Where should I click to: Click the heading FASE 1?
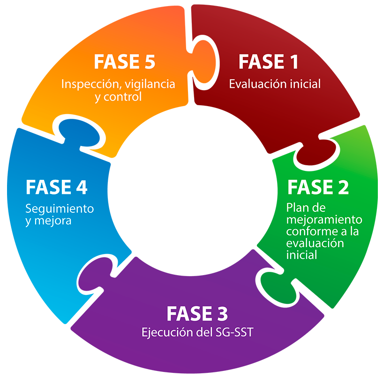[x=268, y=62]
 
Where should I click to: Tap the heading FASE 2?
[x=318, y=187]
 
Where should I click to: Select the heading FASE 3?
[x=197, y=313]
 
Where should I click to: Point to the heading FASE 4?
[x=56, y=187]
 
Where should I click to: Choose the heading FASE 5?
[x=124, y=62]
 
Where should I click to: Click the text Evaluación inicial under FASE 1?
[x=275, y=84]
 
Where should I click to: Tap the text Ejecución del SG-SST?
[x=197, y=333]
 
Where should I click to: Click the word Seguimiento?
[x=60, y=208]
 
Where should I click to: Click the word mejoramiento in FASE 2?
[x=324, y=219]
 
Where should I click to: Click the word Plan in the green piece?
[x=296, y=208]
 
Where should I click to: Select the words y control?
[x=118, y=97]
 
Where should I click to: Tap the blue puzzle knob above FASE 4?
[x=77, y=132]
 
